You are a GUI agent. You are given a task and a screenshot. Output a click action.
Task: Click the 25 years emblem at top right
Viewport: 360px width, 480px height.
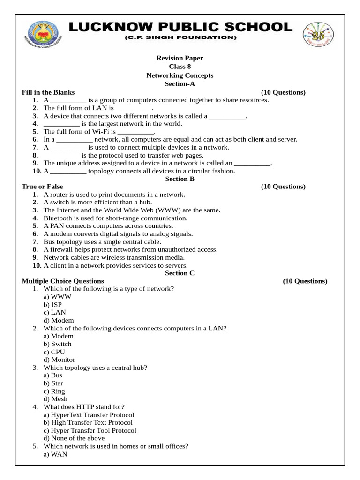(319, 34)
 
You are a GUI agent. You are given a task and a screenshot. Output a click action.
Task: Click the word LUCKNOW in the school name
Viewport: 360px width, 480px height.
(110, 26)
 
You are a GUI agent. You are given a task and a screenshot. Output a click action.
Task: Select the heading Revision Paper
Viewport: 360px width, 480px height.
(180, 58)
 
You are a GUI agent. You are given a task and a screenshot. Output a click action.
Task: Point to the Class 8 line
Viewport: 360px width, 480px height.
(180, 67)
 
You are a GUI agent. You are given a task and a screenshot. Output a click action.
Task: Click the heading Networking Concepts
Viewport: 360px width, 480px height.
(180, 75)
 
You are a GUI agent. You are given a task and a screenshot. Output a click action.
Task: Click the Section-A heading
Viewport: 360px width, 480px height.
(180, 84)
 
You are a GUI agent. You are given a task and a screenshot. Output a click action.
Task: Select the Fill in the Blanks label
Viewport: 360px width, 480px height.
(48, 92)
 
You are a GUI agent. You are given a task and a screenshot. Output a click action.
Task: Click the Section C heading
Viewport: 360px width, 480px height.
(180, 273)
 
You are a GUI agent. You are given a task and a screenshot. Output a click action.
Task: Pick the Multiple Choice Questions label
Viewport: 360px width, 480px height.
(63, 281)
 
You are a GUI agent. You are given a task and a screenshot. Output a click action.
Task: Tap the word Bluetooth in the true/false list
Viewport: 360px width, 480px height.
(58, 218)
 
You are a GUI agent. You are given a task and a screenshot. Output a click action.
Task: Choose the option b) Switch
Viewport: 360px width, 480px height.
(57, 344)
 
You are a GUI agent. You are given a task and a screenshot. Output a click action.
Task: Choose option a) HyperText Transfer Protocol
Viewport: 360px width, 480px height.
(89, 415)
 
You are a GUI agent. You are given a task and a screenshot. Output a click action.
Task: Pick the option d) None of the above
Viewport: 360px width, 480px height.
(74, 438)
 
